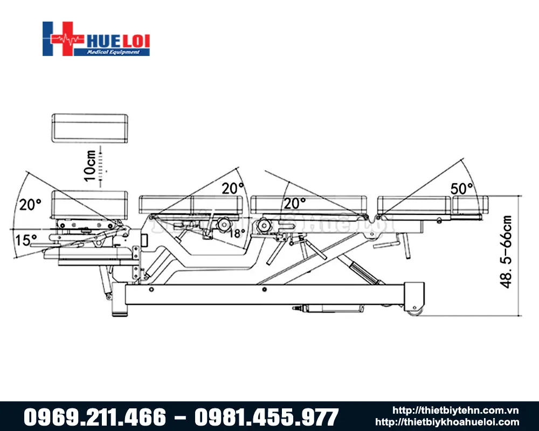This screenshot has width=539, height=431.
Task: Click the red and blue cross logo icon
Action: tap(63, 39)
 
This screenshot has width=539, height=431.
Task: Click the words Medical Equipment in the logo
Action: tap(118, 52)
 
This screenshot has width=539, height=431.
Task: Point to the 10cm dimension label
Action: tap(91, 165)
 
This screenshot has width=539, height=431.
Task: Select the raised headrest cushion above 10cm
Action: tap(90, 128)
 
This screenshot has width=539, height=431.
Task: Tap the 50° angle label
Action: tap(462, 189)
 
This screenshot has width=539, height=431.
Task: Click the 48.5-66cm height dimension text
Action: tap(507, 252)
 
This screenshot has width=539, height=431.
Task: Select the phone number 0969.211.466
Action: tap(95, 417)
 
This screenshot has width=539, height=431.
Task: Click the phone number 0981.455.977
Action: tap(266, 417)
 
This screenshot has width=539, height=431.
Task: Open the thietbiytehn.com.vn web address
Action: tap(455, 411)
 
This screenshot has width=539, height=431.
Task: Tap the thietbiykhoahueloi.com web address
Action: tap(447, 422)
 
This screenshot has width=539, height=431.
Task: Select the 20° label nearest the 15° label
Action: tap(31, 204)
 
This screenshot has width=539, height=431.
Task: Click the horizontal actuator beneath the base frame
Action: tap(329, 309)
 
